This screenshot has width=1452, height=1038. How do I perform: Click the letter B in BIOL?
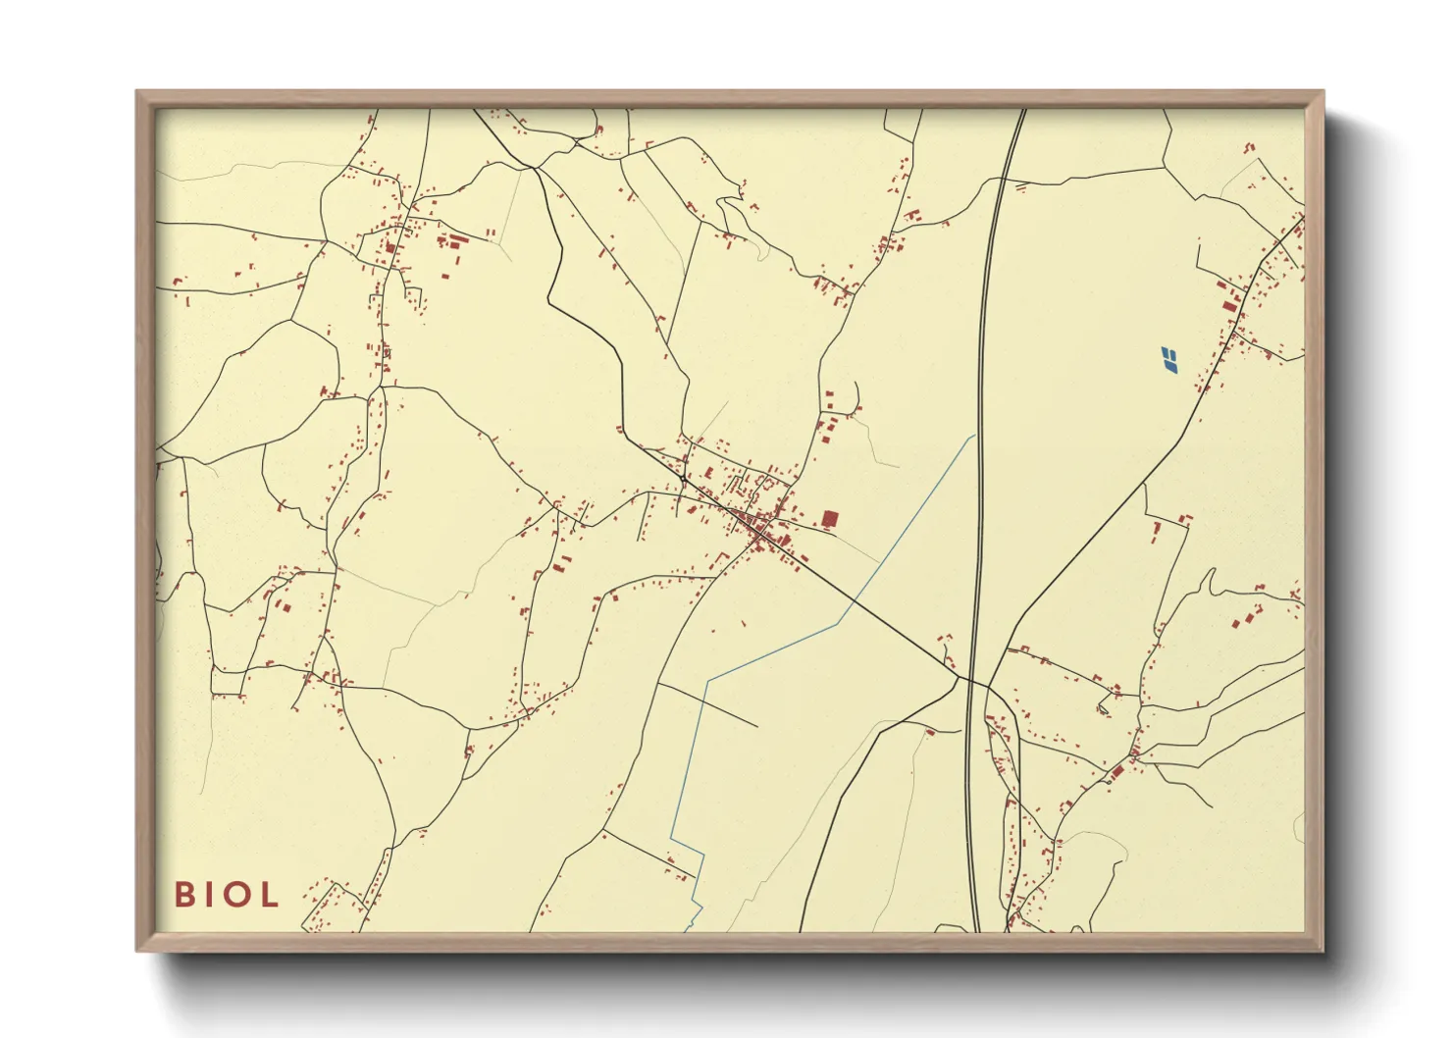[183, 894]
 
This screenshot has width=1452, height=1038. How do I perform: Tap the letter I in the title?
[209, 894]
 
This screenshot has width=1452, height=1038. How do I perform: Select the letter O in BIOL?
[236, 894]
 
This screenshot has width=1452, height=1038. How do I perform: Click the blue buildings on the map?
[1168, 360]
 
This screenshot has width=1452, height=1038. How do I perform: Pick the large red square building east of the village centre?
[830, 519]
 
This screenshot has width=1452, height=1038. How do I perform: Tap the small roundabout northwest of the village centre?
[682, 479]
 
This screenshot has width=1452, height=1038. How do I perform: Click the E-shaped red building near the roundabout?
[707, 474]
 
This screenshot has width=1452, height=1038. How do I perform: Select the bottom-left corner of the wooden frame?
[138, 949]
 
